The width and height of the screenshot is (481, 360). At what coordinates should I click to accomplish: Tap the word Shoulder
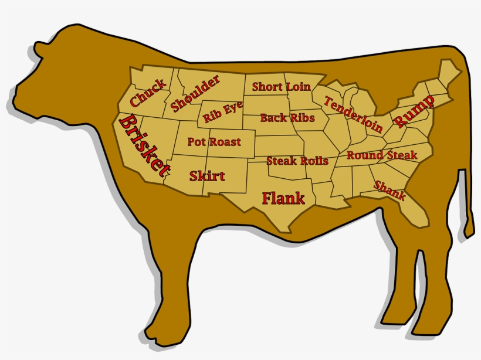point(195,93)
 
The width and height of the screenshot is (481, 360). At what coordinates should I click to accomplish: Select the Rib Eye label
point(223,113)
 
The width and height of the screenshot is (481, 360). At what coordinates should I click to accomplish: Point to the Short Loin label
point(281,87)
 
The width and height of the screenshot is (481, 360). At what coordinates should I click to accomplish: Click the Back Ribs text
point(287,118)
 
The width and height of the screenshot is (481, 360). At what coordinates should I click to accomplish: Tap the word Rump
point(414,111)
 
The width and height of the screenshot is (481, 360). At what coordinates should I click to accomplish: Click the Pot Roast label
point(214,141)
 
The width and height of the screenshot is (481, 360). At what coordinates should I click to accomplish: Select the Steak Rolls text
point(297,161)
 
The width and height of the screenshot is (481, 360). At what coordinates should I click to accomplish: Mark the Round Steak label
point(381,155)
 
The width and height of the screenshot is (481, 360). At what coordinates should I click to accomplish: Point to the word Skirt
point(207,175)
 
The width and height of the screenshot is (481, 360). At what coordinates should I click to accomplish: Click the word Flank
point(283,198)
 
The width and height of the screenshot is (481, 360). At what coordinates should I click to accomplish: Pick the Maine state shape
point(450,67)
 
